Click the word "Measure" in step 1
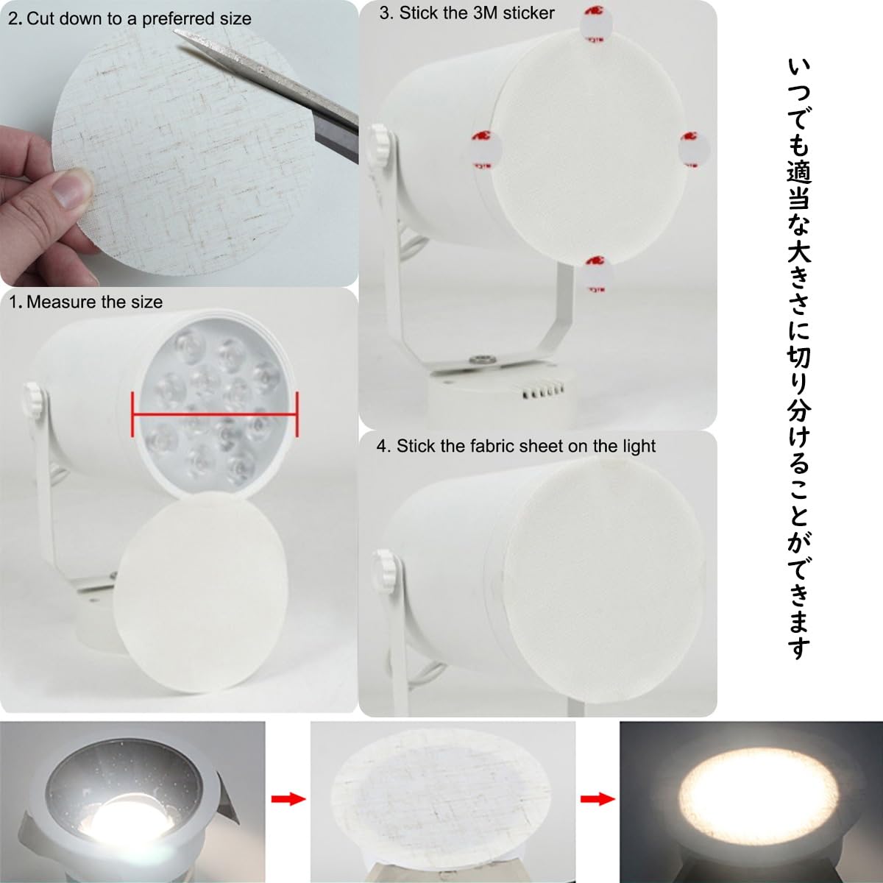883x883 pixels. [x=61, y=302]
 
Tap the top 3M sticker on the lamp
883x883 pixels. [x=595, y=22]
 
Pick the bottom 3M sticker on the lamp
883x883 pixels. [x=596, y=274]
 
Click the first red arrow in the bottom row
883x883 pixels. [x=288, y=798]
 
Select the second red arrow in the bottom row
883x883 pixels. [x=597, y=798]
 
